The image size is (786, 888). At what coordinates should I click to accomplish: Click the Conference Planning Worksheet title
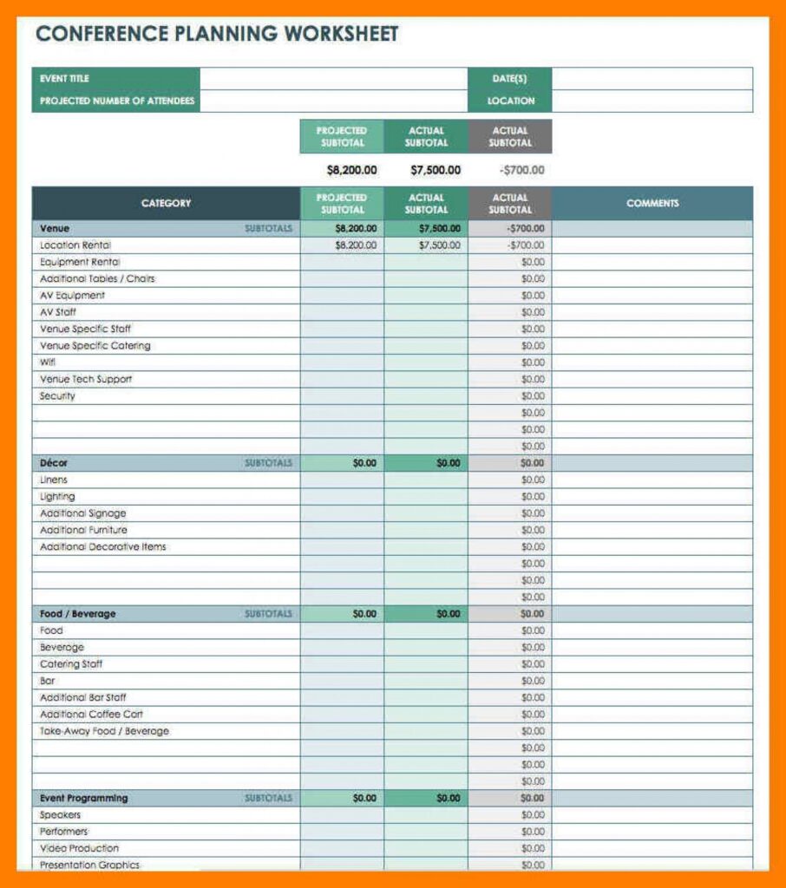[x=217, y=35]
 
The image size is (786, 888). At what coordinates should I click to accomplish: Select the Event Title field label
[x=64, y=79]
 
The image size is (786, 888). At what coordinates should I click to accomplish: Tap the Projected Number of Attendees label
[x=117, y=101]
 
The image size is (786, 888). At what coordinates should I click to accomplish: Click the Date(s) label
[x=510, y=79]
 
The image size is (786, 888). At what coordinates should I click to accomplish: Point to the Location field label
[x=511, y=101]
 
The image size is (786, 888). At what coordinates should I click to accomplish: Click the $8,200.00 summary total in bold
[x=352, y=170]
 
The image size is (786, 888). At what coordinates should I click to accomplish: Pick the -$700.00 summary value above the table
[x=522, y=170]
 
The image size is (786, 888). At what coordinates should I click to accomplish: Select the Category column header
[x=166, y=204]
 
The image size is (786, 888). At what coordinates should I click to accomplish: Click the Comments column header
[x=652, y=204]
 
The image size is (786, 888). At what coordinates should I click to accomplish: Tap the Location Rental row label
[x=75, y=245]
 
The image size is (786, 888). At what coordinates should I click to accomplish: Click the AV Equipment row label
[x=72, y=296]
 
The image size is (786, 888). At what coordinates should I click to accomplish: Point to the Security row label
[x=57, y=396]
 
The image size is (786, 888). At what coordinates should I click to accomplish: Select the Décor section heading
[x=54, y=463]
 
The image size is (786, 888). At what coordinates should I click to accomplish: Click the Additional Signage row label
[x=83, y=513]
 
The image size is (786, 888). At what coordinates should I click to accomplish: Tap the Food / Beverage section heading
[x=77, y=614]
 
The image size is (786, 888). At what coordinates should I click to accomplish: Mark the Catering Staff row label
[x=71, y=664]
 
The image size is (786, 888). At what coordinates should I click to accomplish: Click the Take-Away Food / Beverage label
[x=104, y=731]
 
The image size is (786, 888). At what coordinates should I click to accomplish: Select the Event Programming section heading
[x=83, y=798]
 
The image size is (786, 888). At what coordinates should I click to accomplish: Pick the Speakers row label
[x=60, y=815]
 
